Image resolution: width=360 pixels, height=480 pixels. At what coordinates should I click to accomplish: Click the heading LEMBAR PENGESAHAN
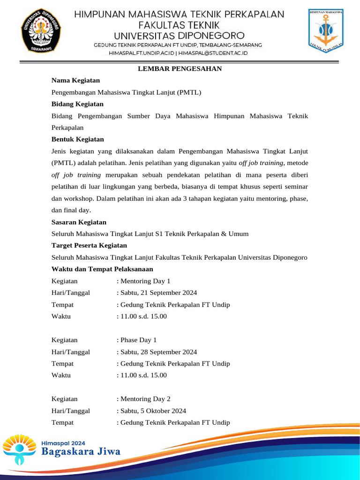[180, 69]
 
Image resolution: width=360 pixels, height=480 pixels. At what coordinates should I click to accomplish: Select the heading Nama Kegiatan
[75, 81]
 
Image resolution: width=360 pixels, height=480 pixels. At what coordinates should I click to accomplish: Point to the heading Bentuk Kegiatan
[77, 139]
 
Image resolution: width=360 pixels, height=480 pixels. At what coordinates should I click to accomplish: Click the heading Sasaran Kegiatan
[79, 222]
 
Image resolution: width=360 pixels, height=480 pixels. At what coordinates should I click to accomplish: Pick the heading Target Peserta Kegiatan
[89, 245]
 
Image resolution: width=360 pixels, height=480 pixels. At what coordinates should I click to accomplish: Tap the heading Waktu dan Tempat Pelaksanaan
[102, 269]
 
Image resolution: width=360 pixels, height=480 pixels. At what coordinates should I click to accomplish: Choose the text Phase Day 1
[138, 340]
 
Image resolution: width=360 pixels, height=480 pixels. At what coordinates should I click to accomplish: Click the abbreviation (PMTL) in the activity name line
[189, 92]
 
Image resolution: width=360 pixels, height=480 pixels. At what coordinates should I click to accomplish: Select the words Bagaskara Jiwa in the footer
[81, 452]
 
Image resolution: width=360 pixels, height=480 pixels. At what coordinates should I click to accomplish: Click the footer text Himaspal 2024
[64, 442]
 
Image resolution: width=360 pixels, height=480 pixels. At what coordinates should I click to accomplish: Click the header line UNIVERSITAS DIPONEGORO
[180, 35]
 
